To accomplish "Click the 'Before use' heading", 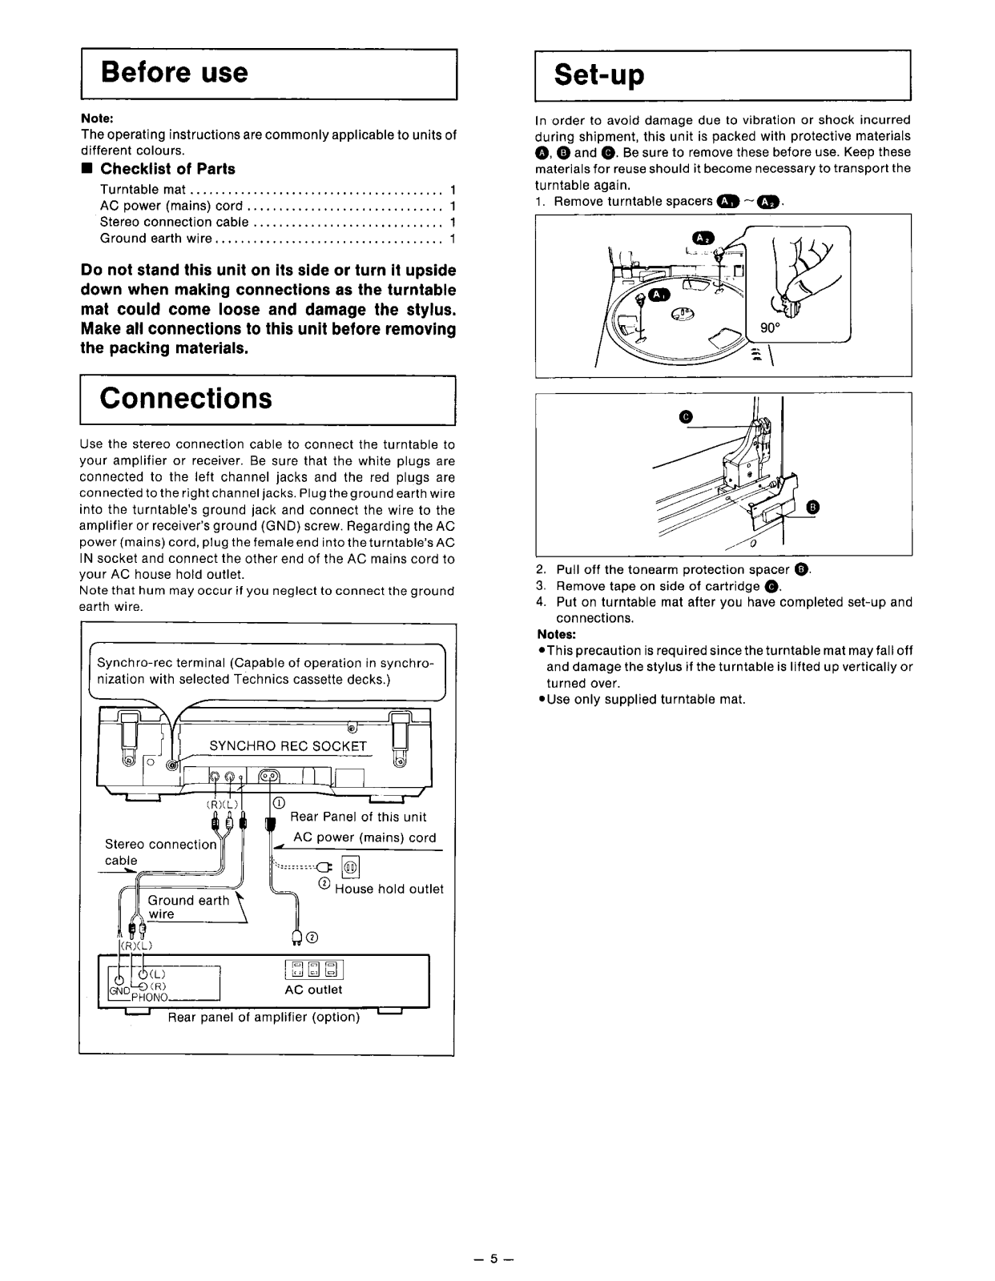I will [175, 73].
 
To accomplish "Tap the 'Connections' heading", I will [186, 399].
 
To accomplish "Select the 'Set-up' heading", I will [600, 74].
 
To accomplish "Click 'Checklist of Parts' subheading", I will [167, 169].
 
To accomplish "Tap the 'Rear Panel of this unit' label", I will [358, 817].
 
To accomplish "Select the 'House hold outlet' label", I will [389, 889].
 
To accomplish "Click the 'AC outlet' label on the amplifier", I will [313, 990].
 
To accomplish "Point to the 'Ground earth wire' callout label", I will [188, 906].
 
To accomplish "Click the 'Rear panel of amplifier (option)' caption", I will [264, 1017].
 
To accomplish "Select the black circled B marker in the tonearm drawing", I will [813, 506].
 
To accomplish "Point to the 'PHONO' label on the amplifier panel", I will [150, 998].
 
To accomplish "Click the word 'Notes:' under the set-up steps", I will [551, 634].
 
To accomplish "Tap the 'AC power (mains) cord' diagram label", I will [365, 837].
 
